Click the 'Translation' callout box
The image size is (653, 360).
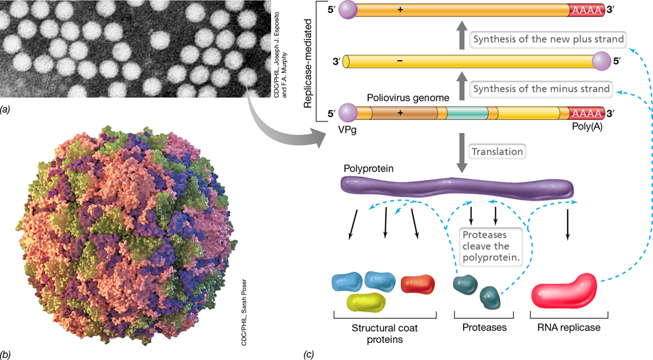[x=497, y=152]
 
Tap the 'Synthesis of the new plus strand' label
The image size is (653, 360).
[x=548, y=39]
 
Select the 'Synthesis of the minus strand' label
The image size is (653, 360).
[x=541, y=89]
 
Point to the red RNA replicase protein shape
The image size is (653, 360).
[x=564, y=291]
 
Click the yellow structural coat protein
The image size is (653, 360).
[x=366, y=302]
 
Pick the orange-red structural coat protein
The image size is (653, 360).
[x=417, y=284]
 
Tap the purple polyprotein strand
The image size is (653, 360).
[x=457, y=187]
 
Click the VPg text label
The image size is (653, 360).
[x=347, y=130]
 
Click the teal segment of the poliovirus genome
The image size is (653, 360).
[x=467, y=113]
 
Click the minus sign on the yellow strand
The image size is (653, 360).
[x=400, y=61]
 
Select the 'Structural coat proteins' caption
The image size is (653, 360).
[x=385, y=334]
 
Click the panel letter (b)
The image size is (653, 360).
[x=5, y=354]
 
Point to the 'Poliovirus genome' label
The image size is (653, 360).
[x=408, y=98]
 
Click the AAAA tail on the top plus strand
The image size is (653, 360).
[x=587, y=10]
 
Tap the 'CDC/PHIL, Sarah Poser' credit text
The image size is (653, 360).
[x=244, y=312]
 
